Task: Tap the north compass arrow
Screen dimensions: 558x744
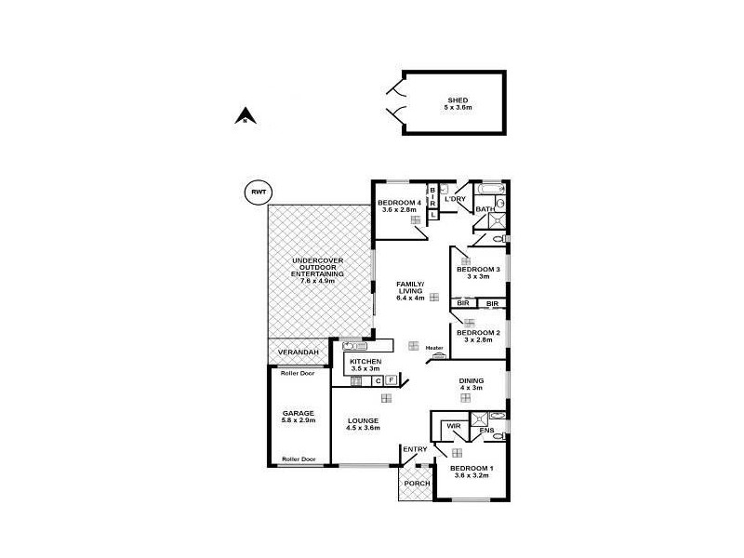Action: pos(244,117)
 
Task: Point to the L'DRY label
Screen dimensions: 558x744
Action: pos(455,199)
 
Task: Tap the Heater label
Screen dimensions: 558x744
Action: pos(435,349)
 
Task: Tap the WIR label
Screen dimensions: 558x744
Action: pos(454,426)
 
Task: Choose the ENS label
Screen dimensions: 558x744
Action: pos(486,431)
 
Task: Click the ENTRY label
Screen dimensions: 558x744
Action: pos(415,450)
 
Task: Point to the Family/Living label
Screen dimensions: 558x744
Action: pos(410,291)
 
